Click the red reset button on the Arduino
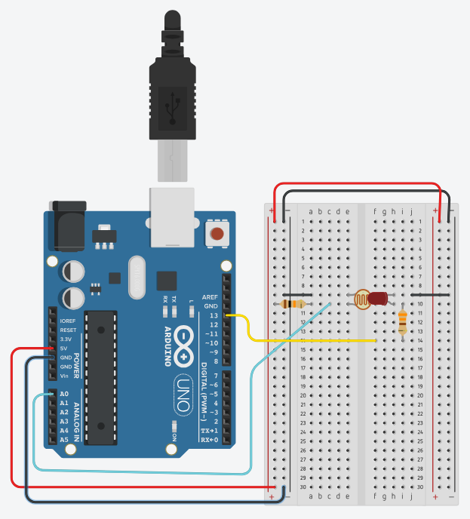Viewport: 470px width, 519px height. point(217,234)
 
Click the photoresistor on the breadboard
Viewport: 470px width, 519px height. point(363,299)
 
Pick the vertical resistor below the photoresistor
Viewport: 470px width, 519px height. point(403,323)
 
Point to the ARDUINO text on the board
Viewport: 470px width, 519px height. point(167,346)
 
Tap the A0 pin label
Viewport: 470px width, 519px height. point(64,394)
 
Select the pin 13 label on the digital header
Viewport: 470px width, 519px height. point(213,315)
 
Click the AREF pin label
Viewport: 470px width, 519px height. point(210,297)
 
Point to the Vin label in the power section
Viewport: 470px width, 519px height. point(64,376)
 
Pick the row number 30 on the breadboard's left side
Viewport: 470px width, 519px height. point(302,487)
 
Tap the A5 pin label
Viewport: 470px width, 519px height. point(64,440)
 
